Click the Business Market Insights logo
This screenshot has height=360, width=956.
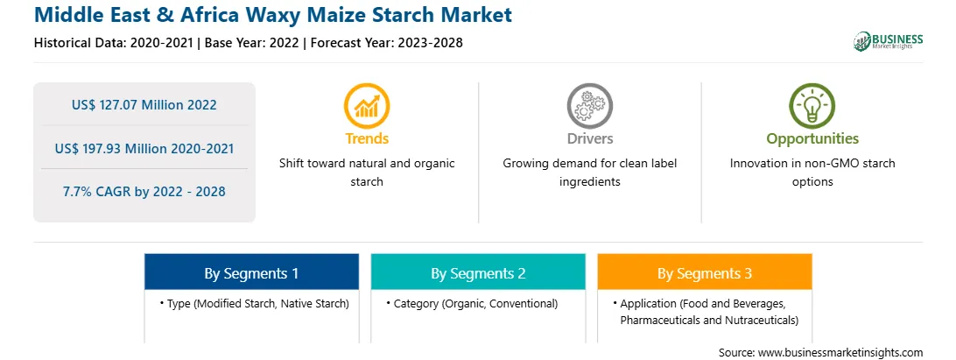(x=889, y=41)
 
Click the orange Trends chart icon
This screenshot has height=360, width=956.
(x=367, y=106)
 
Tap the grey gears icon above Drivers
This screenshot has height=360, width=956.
(x=589, y=106)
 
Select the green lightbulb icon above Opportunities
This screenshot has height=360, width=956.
(x=812, y=106)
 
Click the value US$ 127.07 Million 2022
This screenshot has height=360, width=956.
(x=144, y=104)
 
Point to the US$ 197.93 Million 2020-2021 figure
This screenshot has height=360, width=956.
(x=144, y=148)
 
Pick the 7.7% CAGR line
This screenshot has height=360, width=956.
(x=144, y=191)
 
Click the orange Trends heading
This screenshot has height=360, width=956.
(x=367, y=138)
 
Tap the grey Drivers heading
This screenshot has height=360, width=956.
(x=590, y=138)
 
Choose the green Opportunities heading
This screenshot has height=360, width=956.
(x=812, y=138)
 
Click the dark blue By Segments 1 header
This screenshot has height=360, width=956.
(x=252, y=272)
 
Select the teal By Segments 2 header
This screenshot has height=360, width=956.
(x=478, y=272)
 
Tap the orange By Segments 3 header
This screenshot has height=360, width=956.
(x=705, y=272)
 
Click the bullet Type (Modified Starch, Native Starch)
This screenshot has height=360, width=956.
(x=255, y=303)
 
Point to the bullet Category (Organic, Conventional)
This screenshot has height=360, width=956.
(x=472, y=303)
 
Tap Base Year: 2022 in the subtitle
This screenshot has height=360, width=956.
(x=252, y=43)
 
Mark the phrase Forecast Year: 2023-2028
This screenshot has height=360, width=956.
(x=386, y=43)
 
